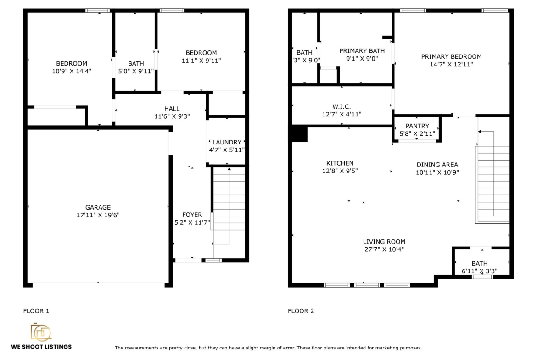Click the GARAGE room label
point(98,207)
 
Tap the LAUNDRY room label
point(227,142)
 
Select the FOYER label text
point(192,215)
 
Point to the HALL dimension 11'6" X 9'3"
point(172,116)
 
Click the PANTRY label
point(417,126)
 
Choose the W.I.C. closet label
point(341,107)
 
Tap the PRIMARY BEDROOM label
point(451,56)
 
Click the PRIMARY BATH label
point(362,50)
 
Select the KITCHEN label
point(340,163)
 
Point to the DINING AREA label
point(437,165)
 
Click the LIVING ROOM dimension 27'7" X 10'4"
point(384,249)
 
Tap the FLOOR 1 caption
point(36,311)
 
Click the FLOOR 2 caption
point(301,311)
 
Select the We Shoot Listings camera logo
point(41,332)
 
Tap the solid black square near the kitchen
point(299,133)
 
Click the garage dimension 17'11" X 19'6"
point(98,215)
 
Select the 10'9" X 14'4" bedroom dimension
point(72,71)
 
